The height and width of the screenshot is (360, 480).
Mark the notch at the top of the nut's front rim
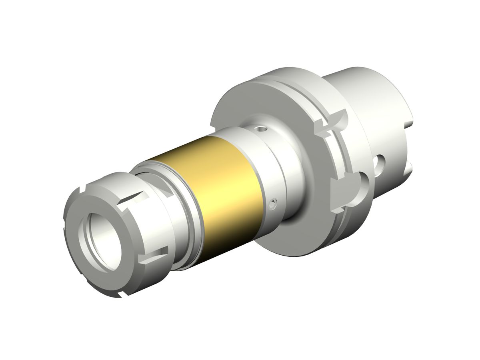(83, 188)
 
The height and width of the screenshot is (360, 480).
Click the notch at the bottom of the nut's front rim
(120, 295)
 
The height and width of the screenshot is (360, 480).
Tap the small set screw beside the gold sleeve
(273, 205)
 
